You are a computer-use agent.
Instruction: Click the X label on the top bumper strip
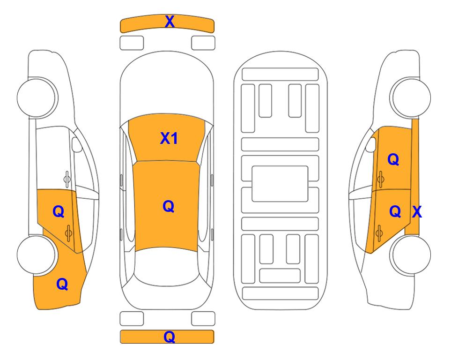click(x=170, y=22)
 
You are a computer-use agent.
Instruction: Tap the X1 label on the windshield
click(x=169, y=138)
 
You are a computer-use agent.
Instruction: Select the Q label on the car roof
click(x=169, y=207)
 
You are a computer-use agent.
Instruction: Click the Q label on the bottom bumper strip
click(x=170, y=337)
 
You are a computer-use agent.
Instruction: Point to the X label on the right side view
click(x=417, y=212)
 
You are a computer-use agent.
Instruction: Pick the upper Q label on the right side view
click(x=393, y=159)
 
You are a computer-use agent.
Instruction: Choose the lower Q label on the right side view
click(x=395, y=212)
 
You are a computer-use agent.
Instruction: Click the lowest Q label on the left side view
click(x=62, y=284)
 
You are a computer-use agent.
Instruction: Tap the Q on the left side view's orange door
click(x=59, y=212)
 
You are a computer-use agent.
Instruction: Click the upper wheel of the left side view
click(x=37, y=97)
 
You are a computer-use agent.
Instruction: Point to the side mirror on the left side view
click(x=76, y=144)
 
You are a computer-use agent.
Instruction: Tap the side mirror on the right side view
click(x=371, y=144)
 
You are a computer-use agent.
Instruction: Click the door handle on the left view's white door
click(x=67, y=179)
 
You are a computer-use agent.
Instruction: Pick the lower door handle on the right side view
click(x=379, y=232)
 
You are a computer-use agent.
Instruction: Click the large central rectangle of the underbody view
click(x=280, y=184)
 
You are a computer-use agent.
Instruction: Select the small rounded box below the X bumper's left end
click(x=132, y=43)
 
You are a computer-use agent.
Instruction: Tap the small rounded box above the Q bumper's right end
click(x=203, y=319)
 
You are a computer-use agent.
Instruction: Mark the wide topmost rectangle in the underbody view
click(x=280, y=75)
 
